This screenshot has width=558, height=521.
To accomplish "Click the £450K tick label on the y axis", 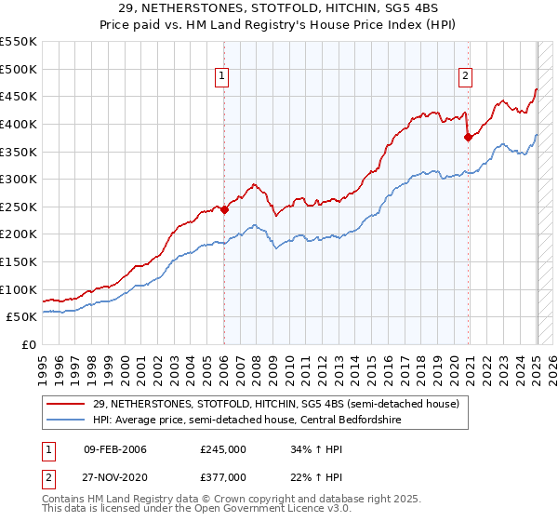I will pyautogui.click(x=19, y=97).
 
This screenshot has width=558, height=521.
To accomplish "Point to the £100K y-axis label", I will pyautogui.click(x=19, y=290).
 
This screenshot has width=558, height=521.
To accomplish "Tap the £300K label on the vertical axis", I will pyautogui.click(x=19, y=180).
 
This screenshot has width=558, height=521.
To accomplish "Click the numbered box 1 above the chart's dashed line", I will pyautogui.click(x=224, y=77).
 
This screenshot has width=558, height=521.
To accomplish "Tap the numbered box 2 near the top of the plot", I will pyautogui.click(x=465, y=77).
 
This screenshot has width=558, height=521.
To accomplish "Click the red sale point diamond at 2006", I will pyautogui.click(x=224, y=210).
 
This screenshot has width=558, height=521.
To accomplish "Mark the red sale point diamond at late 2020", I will pyautogui.click(x=468, y=137).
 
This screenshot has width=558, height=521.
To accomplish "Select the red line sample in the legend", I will pyautogui.click(x=67, y=404).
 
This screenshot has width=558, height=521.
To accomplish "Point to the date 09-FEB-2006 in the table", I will pyautogui.click(x=115, y=448).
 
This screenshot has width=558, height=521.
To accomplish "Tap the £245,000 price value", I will pyautogui.click(x=223, y=448).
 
